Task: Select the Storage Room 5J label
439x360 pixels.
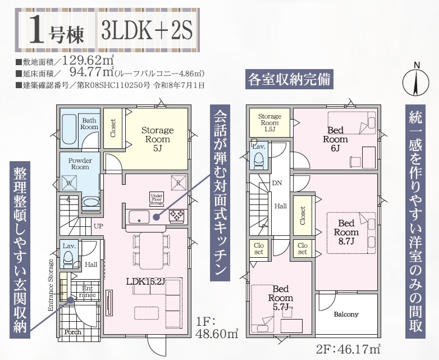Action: [157, 139]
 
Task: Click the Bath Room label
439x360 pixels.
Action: [89, 124]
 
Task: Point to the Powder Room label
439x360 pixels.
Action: [80, 163]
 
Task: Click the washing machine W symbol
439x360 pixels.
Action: [69, 183]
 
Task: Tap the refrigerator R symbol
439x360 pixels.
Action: [179, 183]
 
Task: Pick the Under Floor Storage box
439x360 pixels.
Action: [157, 199]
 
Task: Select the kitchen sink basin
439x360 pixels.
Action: [139, 217]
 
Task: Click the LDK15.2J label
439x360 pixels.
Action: [145, 281]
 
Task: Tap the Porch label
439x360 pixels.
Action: [72, 332]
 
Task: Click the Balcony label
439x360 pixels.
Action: [346, 315]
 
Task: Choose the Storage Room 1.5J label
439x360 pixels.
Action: [269, 122]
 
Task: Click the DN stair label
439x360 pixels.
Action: [277, 183]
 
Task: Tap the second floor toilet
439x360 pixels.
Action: [258, 160]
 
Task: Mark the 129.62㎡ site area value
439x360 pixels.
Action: [88, 60]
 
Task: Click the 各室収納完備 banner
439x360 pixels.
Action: [289, 80]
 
